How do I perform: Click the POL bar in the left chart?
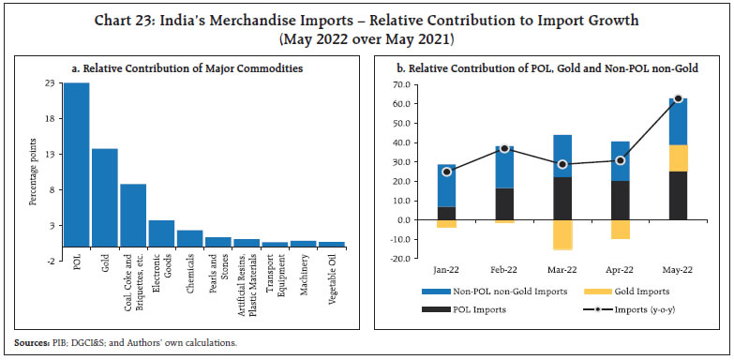pyautogui.click(x=76, y=164)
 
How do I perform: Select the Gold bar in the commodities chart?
pyautogui.click(x=104, y=197)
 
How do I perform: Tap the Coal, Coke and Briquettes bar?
pyautogui.click(x=133, y=215)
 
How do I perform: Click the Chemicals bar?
pyautogui.click(x=189, y=238)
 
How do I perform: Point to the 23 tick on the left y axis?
pyautogui.click(x=52, y=83)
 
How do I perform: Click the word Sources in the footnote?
pyautogui.click(x=33, y=341)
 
